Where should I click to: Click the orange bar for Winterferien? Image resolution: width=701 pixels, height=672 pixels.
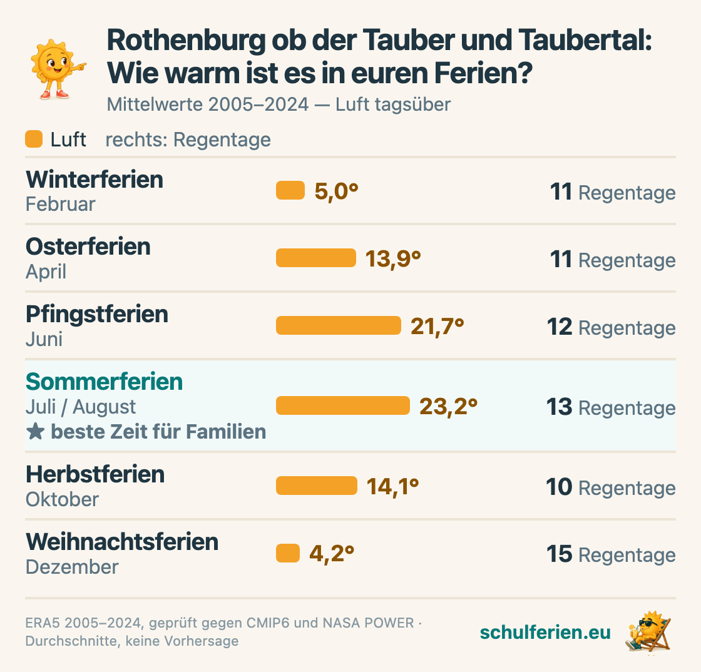pyautogui.click(x=290, y=190)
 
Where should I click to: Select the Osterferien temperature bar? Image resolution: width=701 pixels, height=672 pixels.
pyautogui.click(x=316, y=258)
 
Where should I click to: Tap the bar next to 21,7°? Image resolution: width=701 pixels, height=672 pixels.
pyautogui.click(x=339, y=325)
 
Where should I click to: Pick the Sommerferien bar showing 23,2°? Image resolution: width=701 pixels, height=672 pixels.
pyautogui.click(x=343, y=405)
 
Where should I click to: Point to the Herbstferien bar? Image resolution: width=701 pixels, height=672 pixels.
pyautogui.click(x=317, y=486)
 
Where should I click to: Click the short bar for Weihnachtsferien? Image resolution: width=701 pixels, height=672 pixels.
pyautogui.click(x=288, y=553)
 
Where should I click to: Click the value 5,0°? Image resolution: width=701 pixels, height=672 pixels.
pyautogui.click(x=336, y=191)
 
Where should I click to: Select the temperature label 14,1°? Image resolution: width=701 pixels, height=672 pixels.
pyautogui.click(x=392, y=487)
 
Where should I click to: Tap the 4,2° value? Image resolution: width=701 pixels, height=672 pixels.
pyautogui.click(x=332, y=554)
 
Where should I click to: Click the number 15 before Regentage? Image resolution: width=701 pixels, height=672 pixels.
pyautogui.click(x=560, y=554)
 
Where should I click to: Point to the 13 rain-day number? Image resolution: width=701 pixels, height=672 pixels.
pyautogui.click(x=560, y=407)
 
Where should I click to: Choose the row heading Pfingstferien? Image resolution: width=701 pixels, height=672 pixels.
pyautogui.click(x=97, y=315)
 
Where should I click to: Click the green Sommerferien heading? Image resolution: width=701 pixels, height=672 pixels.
pyautogui.click(x=104, y=382)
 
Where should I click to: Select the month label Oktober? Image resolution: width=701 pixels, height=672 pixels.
pyautogui.click(x=62, y=499)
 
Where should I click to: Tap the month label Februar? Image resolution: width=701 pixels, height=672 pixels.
pyautogui.click(x=60, y=204)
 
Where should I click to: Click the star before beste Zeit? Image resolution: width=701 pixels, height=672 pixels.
pyautogui.click(x=35, y=432)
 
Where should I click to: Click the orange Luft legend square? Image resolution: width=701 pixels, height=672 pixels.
pyautogui.click(x=34, y=139)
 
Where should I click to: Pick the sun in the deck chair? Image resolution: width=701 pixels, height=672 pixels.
pyautogui.click(x=648, y=631)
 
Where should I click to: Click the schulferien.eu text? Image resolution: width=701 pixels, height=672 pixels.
pyautogui.click(x=545, y=632)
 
